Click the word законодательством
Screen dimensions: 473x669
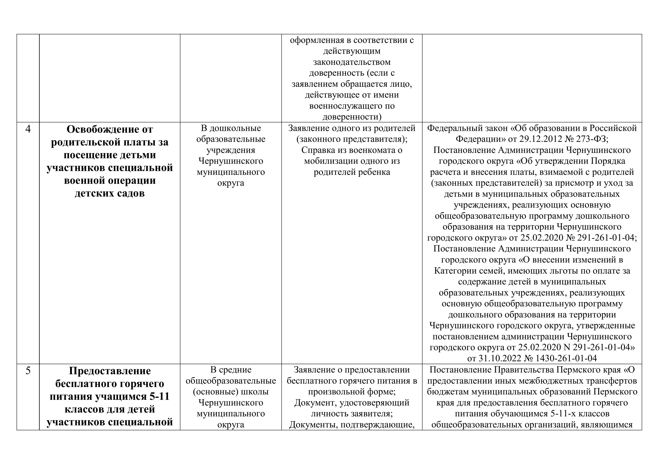pos(352,62)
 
